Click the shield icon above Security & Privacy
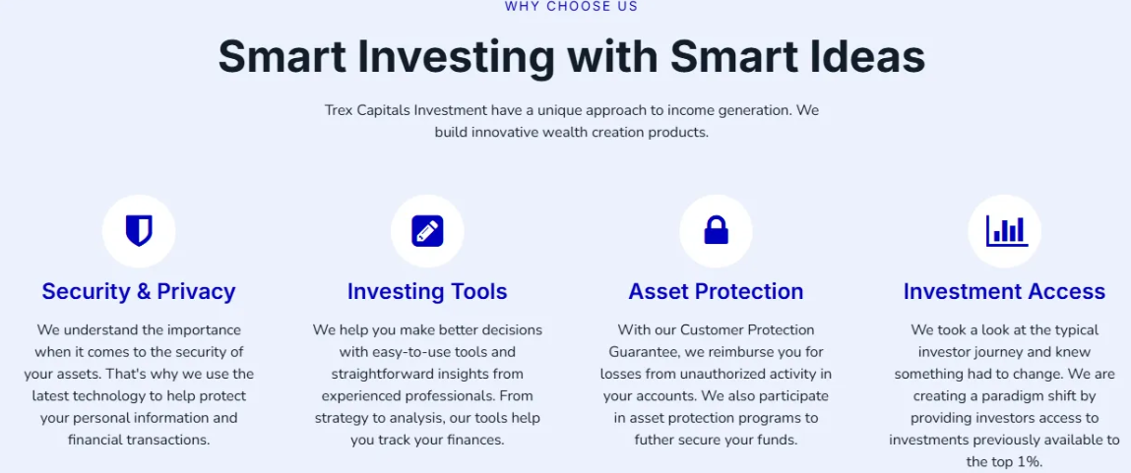pyautogui.click(x=139, y=231)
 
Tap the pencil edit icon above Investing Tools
pyautogui.click(x=427, y=231)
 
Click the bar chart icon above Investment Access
pyautogui.click(x=1007, y=231)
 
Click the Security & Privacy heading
pyautogui.click(x=139, y=291)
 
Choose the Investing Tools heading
pyautogui.click(x=427, y=291)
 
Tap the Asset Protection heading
pyautogui.click(x=716, y=291)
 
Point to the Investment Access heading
pyautogui.click(x=1004, y=291)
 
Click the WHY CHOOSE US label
pyautogui.click(x=571, y=7)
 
